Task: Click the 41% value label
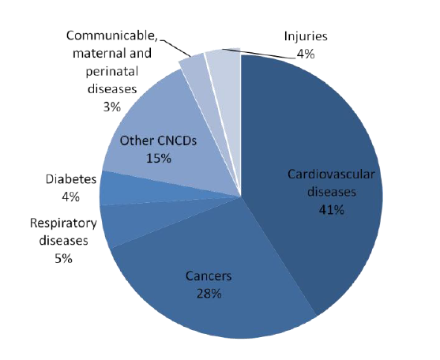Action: point(332,209)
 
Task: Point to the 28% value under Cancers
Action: point(209,294)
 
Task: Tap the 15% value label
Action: point(159,159)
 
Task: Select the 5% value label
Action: point(64,258)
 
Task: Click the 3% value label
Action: point(112,107)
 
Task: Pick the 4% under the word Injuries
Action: point(306,54)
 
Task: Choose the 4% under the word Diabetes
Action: point(71,197)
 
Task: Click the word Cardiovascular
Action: point(331,174)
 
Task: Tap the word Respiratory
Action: point(63,223)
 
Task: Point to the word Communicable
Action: point(112,36)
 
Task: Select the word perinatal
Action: point(112,72)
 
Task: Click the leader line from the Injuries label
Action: point(259,54)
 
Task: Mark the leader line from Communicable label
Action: point(175,47)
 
